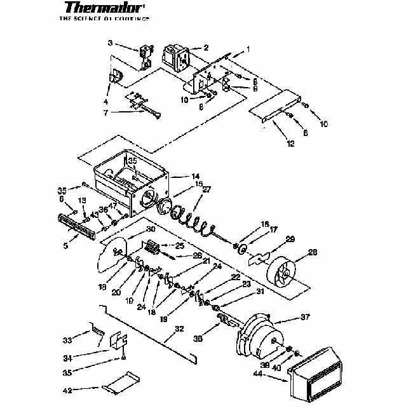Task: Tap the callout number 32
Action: (x=179, y=329)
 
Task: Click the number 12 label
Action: (x=291, y=144)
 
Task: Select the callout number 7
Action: (x=105, y=112)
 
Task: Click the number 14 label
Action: (x=196, y=175)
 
